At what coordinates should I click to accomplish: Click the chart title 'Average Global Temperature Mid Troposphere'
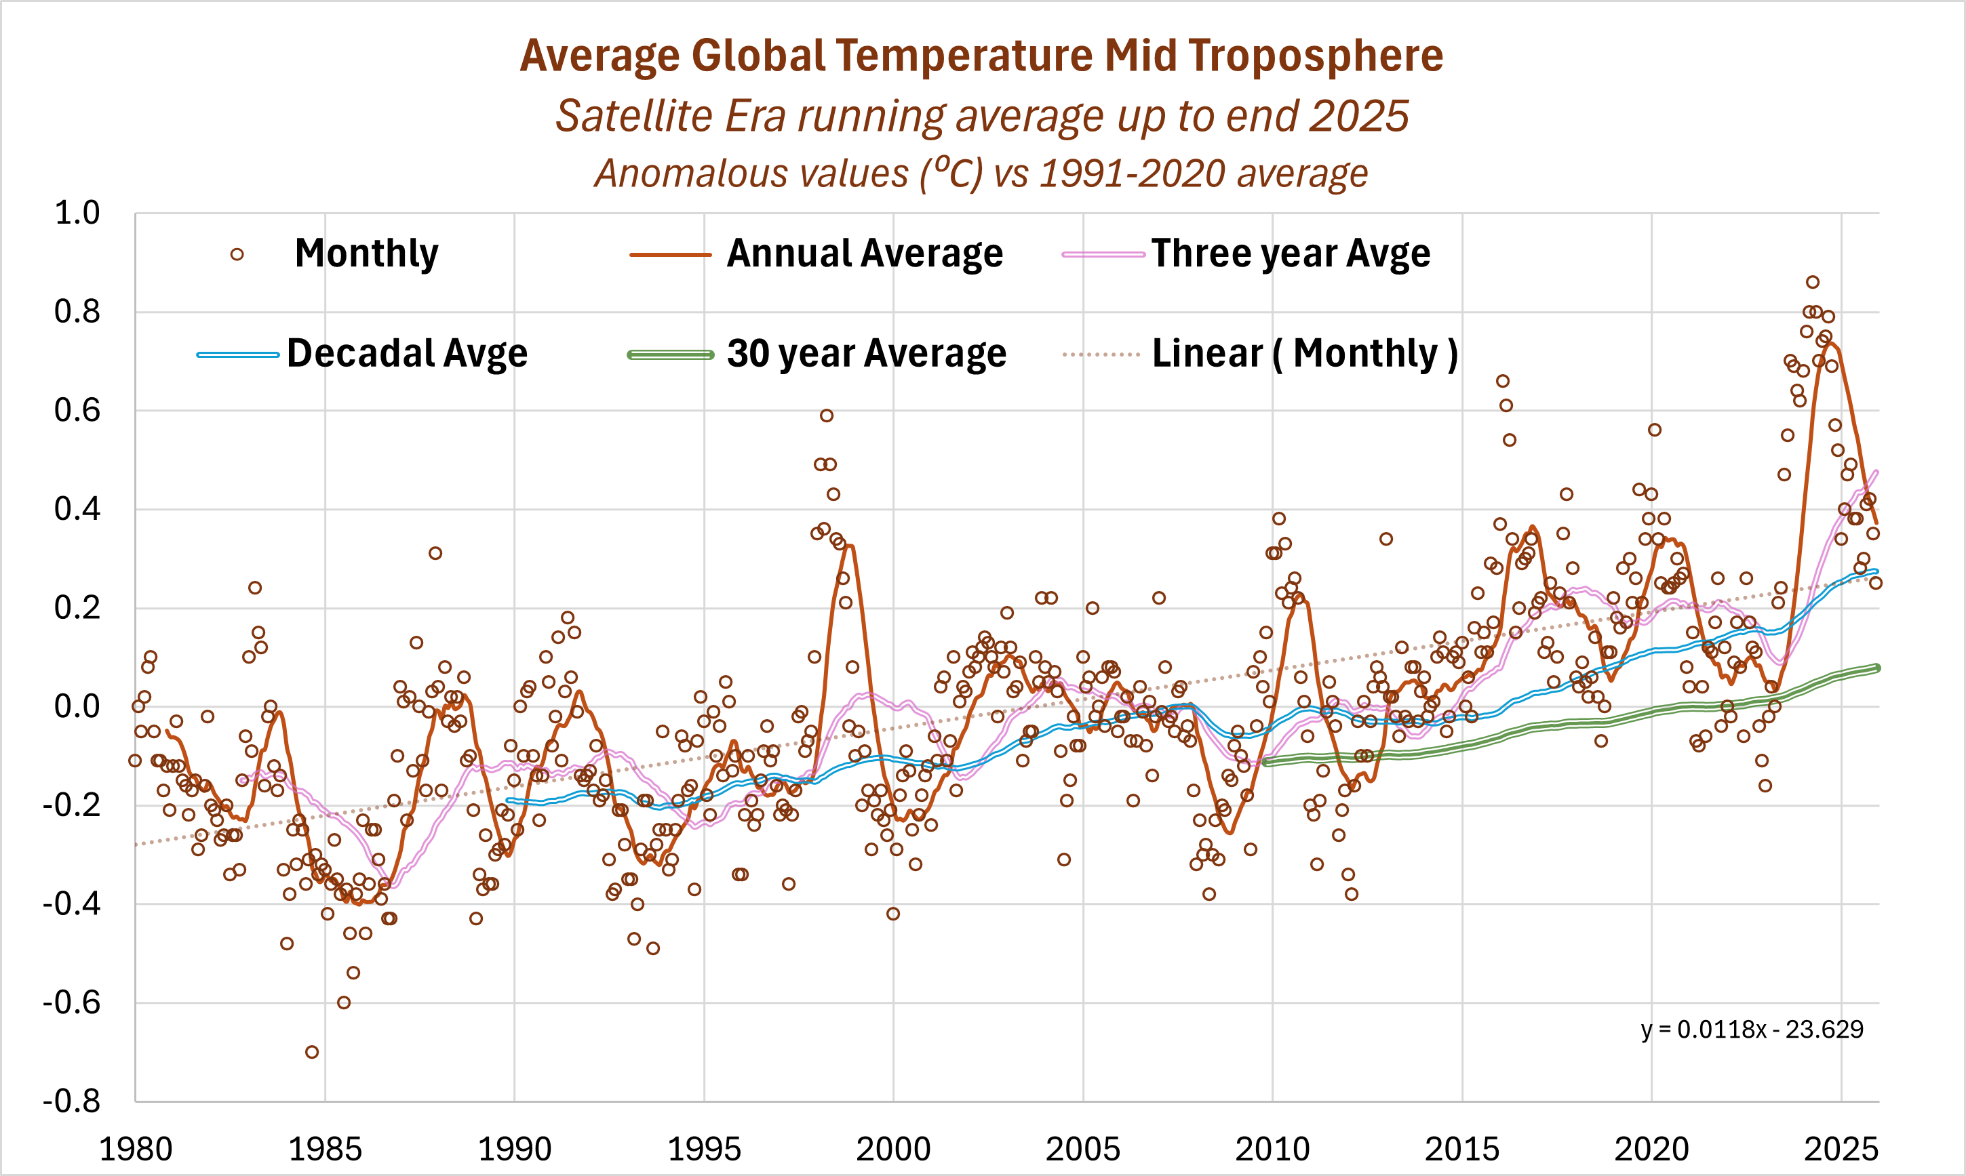981,56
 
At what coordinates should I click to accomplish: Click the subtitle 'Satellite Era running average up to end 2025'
981,117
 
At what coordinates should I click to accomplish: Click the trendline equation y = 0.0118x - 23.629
1752,1030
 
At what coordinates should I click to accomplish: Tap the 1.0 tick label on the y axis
77,213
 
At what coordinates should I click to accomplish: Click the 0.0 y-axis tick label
77,707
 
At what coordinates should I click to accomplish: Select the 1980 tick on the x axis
136,1149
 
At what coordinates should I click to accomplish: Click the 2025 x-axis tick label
1841,1149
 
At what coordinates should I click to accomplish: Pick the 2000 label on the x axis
893,1149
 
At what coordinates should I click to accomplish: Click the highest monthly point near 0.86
1812,282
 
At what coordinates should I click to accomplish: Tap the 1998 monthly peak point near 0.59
826,415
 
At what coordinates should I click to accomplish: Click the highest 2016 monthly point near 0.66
1502,381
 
